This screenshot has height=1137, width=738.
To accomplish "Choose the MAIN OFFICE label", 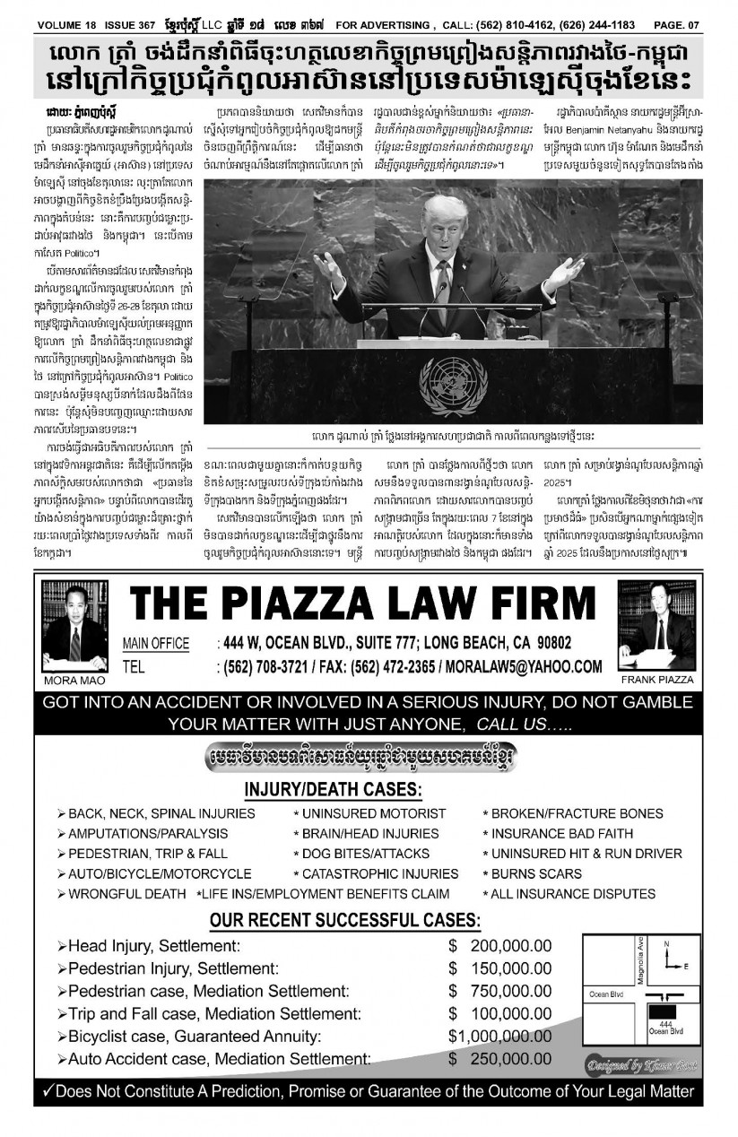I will click(x=156, y=644).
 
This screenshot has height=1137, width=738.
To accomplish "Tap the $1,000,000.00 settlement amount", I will click(x=499, y=1036).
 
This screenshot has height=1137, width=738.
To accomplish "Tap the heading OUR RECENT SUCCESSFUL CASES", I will click(x=344, y=920).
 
